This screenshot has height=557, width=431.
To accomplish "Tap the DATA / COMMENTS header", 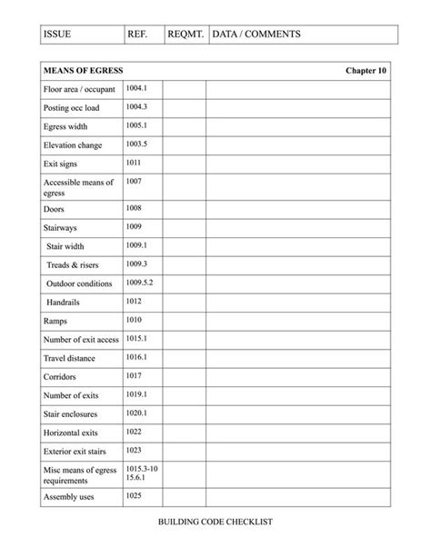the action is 256,35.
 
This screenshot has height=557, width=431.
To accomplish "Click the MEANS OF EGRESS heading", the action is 83,71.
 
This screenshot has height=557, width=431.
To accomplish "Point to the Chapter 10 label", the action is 366,71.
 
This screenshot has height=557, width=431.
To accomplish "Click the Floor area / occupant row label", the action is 78,90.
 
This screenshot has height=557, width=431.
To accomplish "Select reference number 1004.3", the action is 136,106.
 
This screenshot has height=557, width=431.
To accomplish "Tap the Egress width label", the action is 65,126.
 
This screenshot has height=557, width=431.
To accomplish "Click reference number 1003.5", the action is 136,144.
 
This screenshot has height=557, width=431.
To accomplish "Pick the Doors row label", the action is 54,209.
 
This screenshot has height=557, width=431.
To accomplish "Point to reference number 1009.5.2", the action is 139,283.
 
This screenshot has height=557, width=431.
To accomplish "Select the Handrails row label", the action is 65,302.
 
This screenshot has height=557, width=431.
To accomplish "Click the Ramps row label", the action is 55,321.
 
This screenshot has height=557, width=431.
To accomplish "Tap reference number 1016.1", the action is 136,357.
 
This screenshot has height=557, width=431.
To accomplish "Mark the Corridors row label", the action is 60,376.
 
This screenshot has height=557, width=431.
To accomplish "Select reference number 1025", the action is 133,495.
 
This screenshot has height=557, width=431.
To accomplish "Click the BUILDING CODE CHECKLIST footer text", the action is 215,522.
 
